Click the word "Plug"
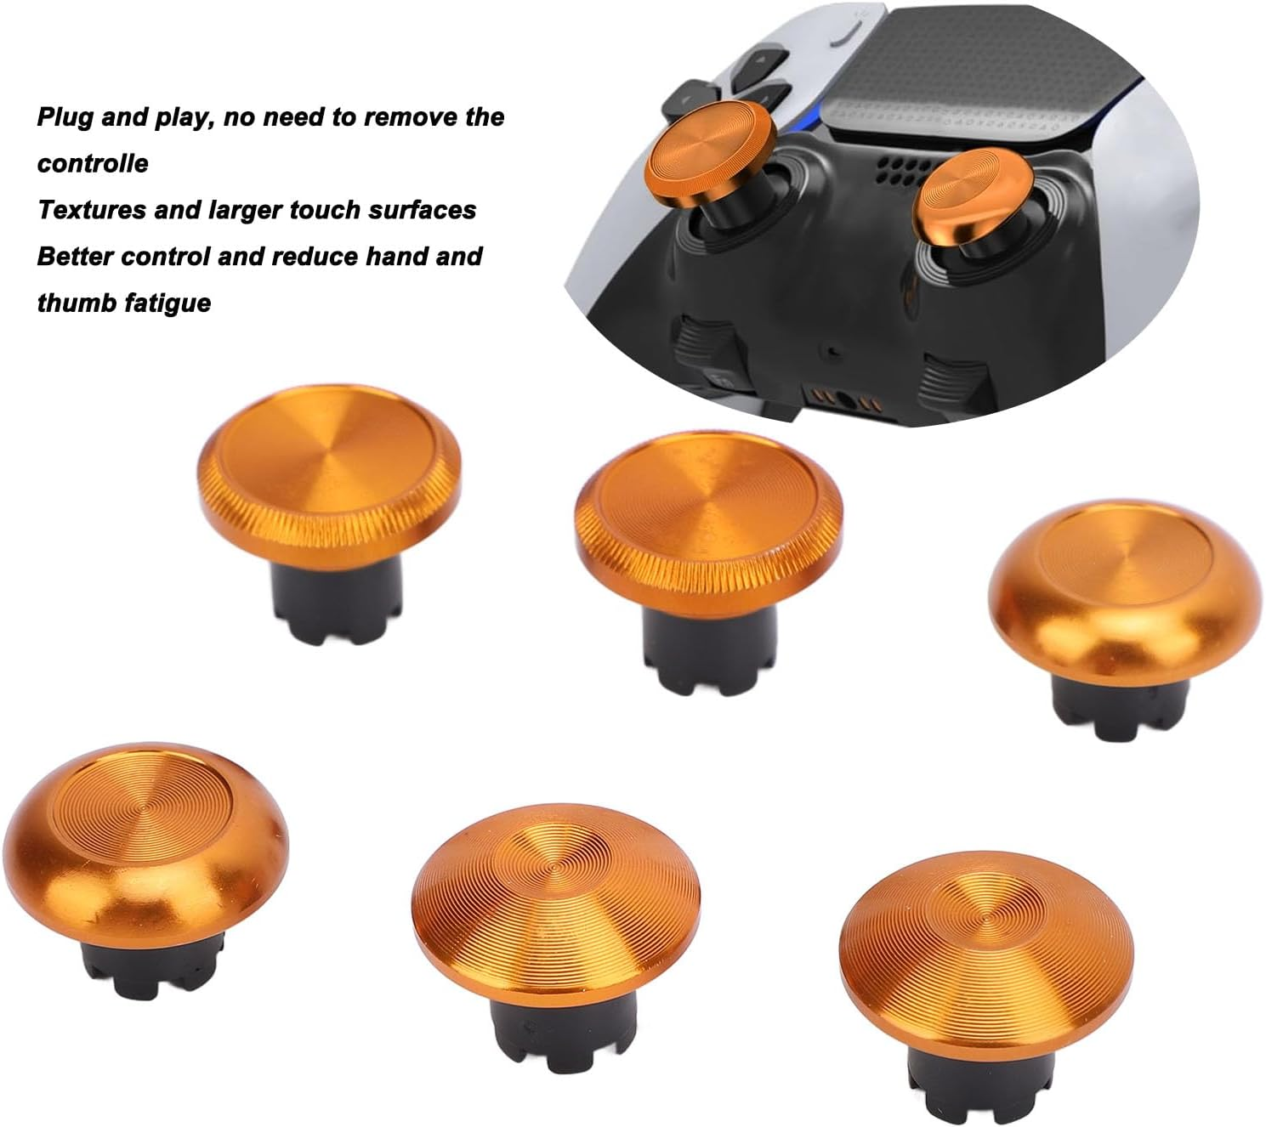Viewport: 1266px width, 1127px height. click(x=65, y=117)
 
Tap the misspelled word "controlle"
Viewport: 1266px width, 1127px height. click(x=93, y=163)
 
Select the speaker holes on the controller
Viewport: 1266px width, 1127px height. click(x=896, y=169)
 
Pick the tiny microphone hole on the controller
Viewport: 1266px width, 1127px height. click(x=833, y=349)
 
